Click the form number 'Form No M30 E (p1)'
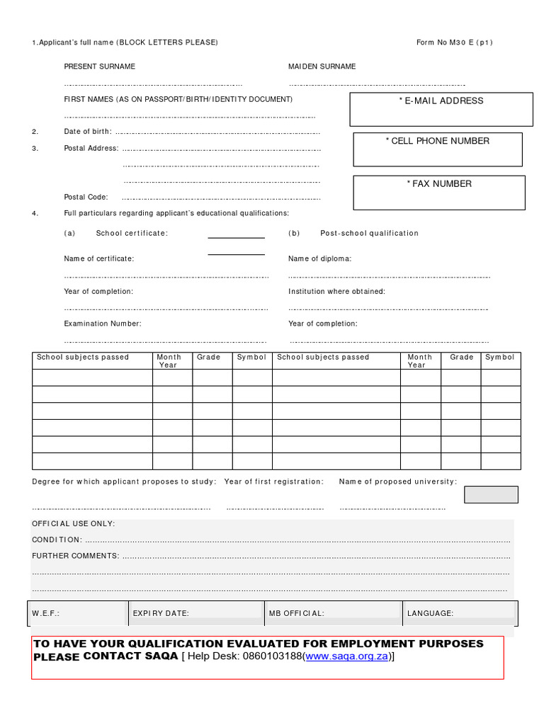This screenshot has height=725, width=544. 454,42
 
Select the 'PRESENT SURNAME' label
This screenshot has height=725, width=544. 99,67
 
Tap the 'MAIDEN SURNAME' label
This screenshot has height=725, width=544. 322,67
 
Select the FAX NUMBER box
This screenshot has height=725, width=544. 438,193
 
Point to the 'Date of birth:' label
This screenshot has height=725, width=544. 88,132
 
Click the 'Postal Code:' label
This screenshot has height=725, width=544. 86,198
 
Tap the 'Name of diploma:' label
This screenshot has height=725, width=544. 319,259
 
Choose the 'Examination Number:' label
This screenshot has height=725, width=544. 103,324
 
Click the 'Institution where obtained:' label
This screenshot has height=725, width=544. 336,292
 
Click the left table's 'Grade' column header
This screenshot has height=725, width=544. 209,358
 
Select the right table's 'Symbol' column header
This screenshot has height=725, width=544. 499,358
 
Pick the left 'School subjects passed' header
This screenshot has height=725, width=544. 83,358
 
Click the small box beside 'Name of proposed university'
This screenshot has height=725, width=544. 491,494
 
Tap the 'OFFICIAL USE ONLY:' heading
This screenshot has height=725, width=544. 74,524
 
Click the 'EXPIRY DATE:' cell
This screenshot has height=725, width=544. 161,614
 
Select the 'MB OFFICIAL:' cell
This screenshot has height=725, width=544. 296,614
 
